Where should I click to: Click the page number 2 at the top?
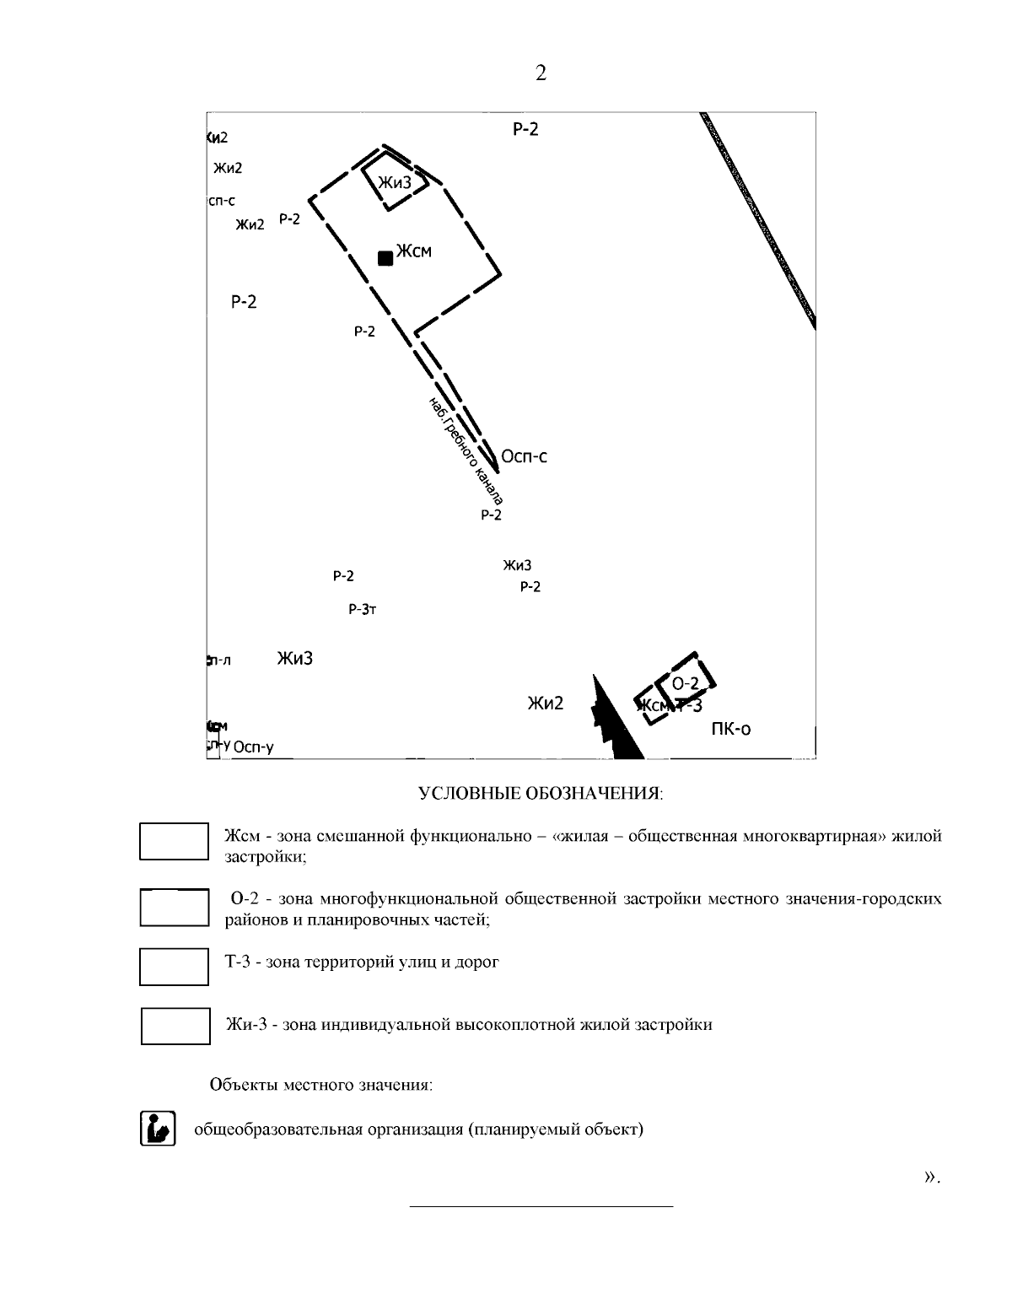point(541,74)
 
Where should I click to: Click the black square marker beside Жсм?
point(385,258)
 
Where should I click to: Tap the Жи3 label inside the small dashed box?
point(395,182)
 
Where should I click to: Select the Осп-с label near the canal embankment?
point(524,456)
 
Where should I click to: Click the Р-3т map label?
point(362,609)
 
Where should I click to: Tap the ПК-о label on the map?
point(730,728)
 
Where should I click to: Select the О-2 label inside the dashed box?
point(686,683)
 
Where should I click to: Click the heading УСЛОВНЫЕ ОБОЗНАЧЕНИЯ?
point(541,794)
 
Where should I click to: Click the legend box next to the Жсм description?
point(174,841)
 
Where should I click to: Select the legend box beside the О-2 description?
point(174,908)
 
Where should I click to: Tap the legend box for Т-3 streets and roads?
point(174,967)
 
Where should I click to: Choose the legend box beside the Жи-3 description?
point(175,1026)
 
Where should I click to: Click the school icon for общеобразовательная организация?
point(158,1129)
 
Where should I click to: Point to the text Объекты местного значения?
point(320,1085)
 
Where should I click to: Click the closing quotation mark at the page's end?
point(931,1175)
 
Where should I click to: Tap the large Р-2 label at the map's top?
point(525,129)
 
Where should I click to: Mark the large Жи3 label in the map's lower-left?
point(295,659)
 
